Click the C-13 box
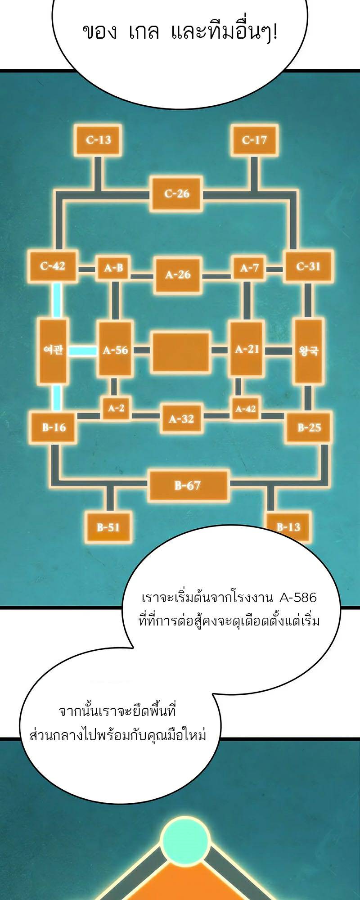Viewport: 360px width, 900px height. tap(98, 140)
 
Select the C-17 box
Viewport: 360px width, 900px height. tap(254, 140)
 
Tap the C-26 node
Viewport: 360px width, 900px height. tap(177, 193)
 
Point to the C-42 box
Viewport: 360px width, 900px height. tap(53, 266)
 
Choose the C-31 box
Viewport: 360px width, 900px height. tap(308, 266)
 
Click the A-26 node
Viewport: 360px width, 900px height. tap(178, 274)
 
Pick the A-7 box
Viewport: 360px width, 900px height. tap(249, 268)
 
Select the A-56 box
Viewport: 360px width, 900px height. tap(115, 350)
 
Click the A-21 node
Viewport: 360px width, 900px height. tap(247, 349)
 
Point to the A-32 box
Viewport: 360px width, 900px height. tap(181, 419)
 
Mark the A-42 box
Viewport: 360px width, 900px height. tap(245, 409)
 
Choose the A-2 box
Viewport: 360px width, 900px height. tap(116, 408)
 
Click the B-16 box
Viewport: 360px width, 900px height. tap(54, 427)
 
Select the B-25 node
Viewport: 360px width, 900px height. tap(309, 427)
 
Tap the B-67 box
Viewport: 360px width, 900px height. tap(188, 485)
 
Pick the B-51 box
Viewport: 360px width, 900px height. tap(108, 526)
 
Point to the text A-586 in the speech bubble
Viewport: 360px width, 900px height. tap(298, 598)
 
